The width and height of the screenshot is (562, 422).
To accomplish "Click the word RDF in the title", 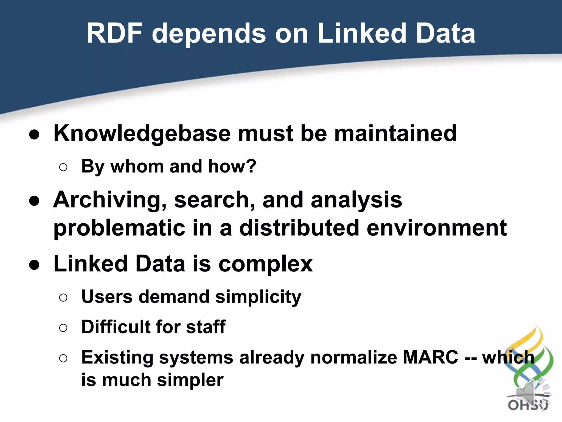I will (114, 34).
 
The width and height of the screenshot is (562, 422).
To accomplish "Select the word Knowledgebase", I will (142, 134).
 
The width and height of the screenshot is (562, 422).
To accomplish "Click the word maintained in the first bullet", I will (395, 134).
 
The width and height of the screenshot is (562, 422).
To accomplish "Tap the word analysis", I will (356, 200).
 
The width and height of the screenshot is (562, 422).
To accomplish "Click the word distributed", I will (299, 228).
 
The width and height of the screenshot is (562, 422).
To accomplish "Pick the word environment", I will (437, 228).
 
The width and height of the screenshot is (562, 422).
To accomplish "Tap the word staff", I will (206, 327).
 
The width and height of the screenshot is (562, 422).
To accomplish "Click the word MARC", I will (431, 357).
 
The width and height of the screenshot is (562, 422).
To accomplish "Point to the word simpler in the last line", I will (190, 381).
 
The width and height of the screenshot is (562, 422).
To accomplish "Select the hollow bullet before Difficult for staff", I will (63, 328).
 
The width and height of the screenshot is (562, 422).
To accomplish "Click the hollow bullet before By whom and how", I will (63, 167).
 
